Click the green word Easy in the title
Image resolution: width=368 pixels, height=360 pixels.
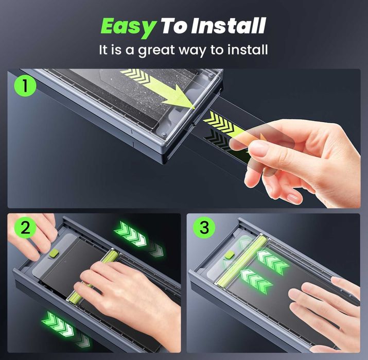point(129,27)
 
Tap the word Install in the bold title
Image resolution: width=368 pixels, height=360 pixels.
point(229,25)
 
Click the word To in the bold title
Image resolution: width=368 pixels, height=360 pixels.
point(175,26)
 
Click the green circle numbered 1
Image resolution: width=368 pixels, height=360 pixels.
point(25,85)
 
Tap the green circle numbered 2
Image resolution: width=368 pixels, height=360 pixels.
point(25,227)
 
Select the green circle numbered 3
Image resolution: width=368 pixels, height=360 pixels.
point(204,227)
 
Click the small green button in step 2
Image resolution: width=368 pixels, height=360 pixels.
point(54,253)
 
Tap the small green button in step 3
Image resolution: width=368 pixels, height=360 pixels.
point(230,254)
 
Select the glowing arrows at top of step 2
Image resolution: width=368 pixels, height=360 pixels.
point(139,238)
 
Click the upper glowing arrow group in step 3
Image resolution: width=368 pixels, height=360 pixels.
point(272,263)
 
